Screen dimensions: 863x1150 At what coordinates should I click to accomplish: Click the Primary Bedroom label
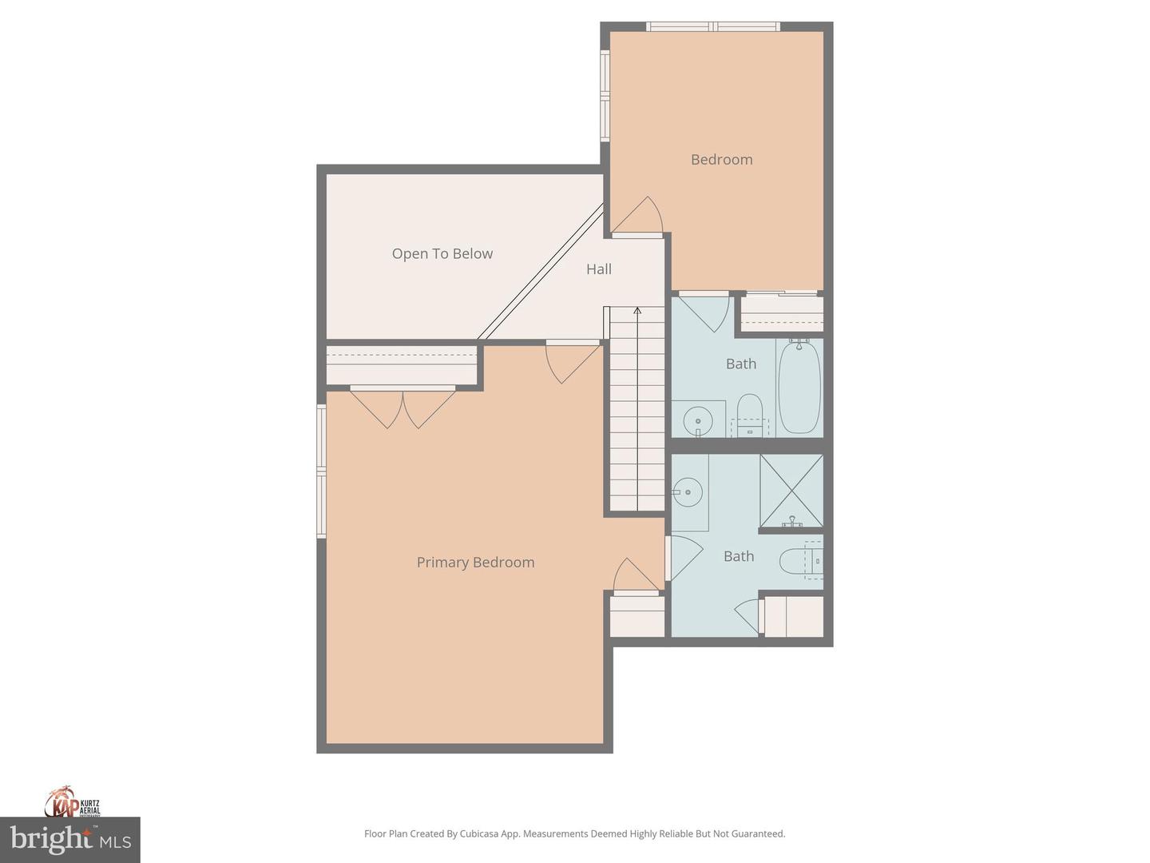click(x=475, y=562)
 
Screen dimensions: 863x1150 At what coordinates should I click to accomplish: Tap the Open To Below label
click(x=442, y=253)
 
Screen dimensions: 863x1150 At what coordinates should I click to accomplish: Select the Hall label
click(x=599, y=269)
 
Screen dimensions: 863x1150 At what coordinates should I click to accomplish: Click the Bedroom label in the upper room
click(x=721, y=159)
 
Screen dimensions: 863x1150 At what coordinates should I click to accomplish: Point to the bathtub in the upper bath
click(x=799, y=388)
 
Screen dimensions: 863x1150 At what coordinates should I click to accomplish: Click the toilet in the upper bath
click(x=749, y=414)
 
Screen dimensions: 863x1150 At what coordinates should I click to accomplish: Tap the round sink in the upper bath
click(x=698, y=420)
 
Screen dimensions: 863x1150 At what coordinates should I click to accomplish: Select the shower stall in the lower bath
click(x=791, y=491)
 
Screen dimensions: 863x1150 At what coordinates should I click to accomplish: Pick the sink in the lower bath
click(x=687, y=492)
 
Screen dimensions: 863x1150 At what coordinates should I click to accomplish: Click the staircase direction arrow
click(x=637, y=312)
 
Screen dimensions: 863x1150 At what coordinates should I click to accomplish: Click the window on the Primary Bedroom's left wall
click(x=322, y=471)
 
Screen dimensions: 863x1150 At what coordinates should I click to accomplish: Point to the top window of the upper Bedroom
click(x=713, y=26)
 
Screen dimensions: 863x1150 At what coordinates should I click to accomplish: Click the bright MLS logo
click(x=70, y=839)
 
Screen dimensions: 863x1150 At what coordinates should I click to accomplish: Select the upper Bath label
click(x=740, y=364)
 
